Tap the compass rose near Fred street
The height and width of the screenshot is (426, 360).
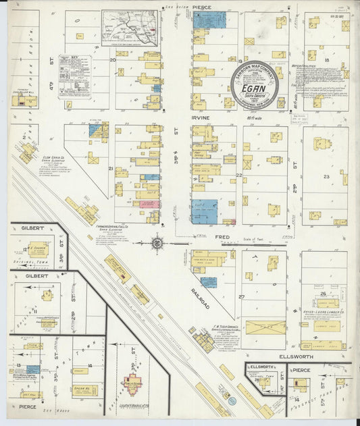(157, 241)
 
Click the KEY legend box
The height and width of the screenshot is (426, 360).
(74, 76)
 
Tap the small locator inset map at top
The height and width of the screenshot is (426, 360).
(131, 27)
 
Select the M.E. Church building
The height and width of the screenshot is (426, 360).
(38, 248)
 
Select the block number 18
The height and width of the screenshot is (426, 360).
(326, 60)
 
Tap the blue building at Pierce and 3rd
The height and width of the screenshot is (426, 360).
(209, 20)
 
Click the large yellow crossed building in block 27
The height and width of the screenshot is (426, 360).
(265, 328)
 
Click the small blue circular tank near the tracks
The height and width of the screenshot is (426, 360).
(232, 401)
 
